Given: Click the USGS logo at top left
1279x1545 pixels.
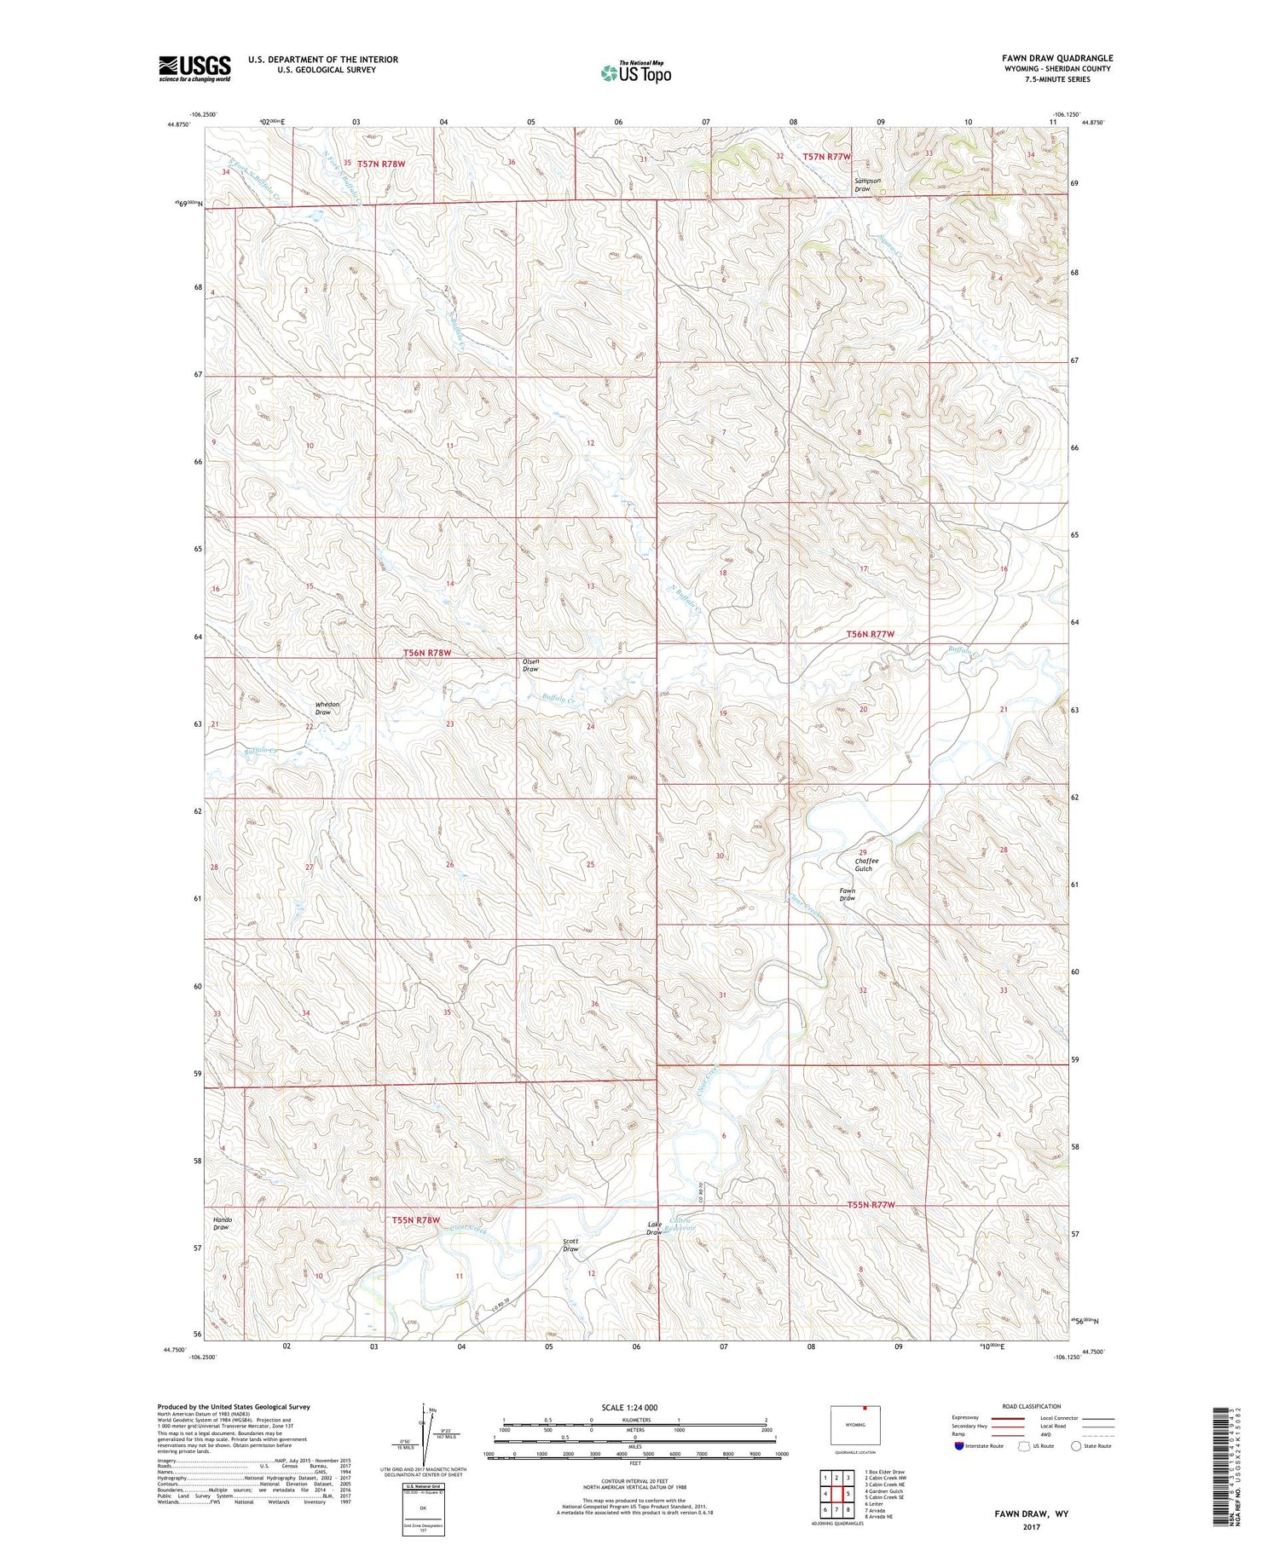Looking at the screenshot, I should click(x=194, y=68).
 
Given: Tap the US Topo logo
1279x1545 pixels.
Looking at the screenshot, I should click(x=636, y=73).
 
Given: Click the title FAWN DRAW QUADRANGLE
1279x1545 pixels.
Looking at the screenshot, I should click(x=1057, y=58).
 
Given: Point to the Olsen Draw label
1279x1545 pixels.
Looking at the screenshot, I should click(x=530, y=666).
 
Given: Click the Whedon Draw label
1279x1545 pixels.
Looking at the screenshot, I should click(x=327, y=708).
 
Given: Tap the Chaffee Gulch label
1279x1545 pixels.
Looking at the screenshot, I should click(x=866, y=864).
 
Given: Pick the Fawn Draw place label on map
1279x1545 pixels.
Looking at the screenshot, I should click(x=847, y=895).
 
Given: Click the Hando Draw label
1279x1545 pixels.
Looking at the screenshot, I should click(x=222, y=1224).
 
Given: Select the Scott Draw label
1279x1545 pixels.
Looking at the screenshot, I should click(x=570, y=1245).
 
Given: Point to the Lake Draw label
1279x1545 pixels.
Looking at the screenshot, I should click(x=654, y=1228).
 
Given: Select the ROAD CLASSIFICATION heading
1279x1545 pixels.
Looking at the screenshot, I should click(x=1032, y=1406).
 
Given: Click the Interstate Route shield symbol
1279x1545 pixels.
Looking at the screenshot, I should click(x=960, y=1446).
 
